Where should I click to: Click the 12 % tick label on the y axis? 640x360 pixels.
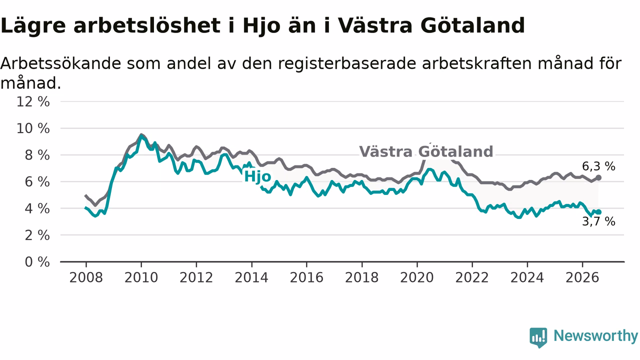(33, 101)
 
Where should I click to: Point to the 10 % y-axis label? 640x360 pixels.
(33, 128)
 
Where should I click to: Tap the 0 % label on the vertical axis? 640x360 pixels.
(37, 262)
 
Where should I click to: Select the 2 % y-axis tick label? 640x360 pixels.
(37, 235)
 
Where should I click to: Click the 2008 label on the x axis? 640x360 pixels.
(86, 277)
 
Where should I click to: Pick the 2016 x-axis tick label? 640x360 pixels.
(306, 277)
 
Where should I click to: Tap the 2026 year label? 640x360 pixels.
(582, 277)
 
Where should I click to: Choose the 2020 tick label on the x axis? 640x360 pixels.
(417, 277)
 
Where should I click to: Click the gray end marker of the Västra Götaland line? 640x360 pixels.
(598, 177)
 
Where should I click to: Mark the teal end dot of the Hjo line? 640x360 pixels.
(598, 212)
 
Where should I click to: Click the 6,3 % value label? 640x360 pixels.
(598, 166)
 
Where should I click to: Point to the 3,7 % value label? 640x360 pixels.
(598, 221)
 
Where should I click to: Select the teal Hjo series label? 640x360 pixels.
(257, 176)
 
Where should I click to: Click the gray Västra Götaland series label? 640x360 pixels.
(426, 151)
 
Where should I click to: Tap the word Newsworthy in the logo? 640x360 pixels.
(595, 335)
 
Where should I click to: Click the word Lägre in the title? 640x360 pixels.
(33, 25)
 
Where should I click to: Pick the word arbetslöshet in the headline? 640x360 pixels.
(147, 25)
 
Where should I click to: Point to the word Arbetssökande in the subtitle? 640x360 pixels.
(60, 63)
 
